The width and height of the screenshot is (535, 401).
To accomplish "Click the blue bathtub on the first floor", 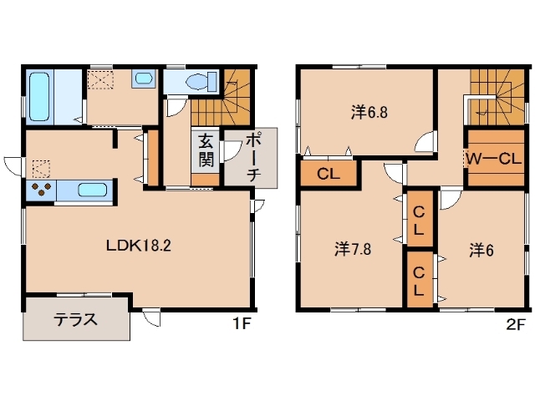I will click(x=40, y=95).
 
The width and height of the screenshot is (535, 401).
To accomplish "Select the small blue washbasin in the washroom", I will click(x=143, y=79).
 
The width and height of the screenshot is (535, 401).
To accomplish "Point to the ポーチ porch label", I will click(x=256, y=157).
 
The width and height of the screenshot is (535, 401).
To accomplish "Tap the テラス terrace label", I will click(x=76, y=319).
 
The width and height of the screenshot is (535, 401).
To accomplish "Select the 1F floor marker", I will click(x=242, y=323).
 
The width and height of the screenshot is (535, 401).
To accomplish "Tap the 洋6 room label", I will click(x=476, y=248).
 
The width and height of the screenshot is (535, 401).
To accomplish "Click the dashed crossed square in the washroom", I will click(x=103, y=79).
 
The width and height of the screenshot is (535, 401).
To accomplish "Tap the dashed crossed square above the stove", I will click(x=40, y=169).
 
